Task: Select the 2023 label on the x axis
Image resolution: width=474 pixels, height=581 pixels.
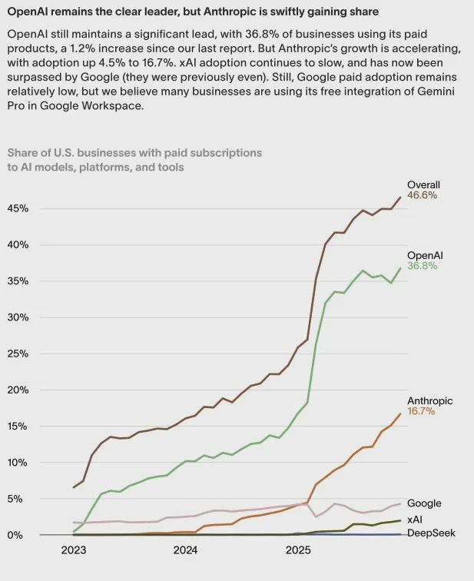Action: (73, 550)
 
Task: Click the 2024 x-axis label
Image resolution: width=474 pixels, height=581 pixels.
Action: (185, 550)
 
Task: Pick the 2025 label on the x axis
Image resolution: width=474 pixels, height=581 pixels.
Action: (298, 550)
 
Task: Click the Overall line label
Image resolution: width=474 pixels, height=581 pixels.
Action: (423, 184)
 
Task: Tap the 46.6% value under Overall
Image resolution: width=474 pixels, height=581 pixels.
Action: (422, 195)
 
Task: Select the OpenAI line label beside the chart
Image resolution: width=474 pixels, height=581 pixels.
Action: (425, 255)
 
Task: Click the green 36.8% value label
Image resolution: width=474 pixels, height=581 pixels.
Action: (422, 266)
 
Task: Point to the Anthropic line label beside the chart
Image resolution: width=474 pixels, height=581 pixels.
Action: (429, 400)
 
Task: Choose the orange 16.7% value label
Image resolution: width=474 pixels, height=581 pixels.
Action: (421, 411)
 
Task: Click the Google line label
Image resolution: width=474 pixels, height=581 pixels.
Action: (424, 503)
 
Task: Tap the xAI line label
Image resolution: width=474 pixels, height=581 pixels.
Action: (416, 520)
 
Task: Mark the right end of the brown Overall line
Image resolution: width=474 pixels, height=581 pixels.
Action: (400, 198)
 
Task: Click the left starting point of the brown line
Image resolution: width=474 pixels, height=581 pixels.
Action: (74, 487)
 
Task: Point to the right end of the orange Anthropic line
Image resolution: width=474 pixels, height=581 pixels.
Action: (400, 413)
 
